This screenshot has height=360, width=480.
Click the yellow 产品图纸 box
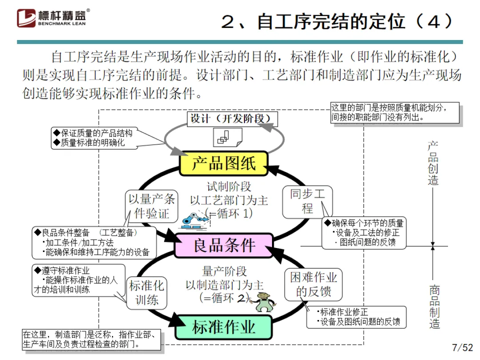tap(224, 163)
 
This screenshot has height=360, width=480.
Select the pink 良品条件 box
tap(223, 245)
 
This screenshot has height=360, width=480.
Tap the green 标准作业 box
tap(223, 327)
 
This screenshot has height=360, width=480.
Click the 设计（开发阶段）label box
tap(232, 119)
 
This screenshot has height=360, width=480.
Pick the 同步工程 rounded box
tap(308, 202)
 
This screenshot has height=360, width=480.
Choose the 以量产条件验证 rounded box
tap(152, 206)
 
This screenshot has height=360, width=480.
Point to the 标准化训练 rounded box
tap(146, 292)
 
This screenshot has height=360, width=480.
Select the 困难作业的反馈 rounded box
tap(313, 284)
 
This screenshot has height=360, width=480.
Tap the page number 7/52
tap(462, 347)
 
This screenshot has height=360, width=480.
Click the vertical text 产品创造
tap(433, 164)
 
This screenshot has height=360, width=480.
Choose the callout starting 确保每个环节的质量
tap(364, 233)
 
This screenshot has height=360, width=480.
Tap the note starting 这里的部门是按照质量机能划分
tap(395, 113)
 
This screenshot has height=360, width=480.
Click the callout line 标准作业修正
tap(344, 312)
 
